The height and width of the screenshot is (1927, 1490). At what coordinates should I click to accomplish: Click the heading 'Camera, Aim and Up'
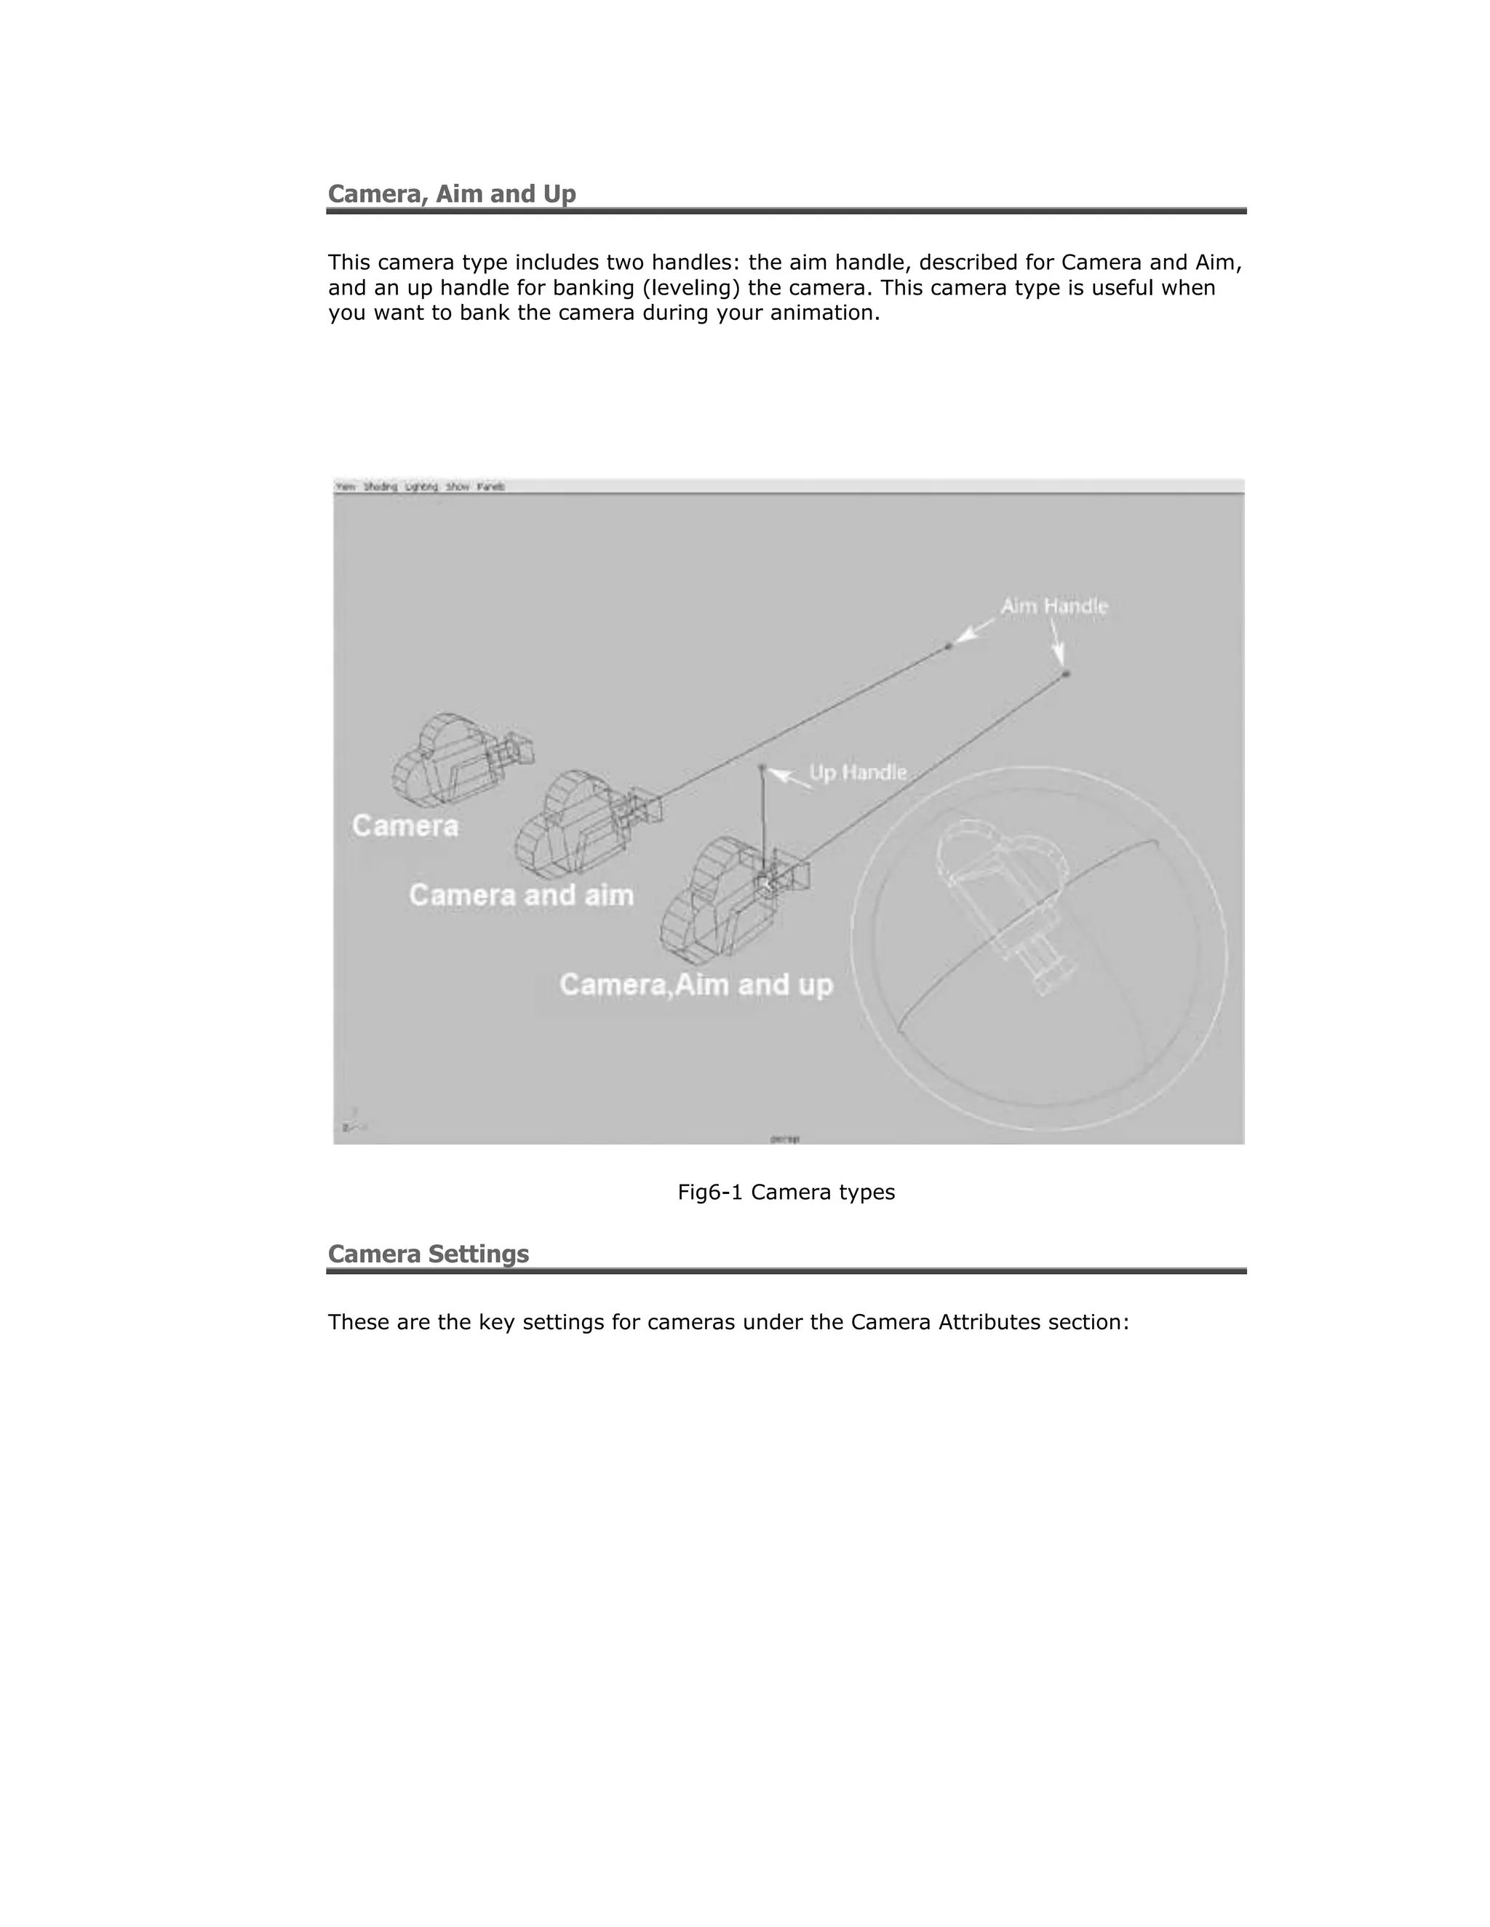point(451,194)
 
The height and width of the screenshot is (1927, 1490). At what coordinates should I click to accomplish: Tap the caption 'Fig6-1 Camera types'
point(786,1192)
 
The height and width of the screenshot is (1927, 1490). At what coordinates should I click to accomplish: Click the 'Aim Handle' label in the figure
point(1054,606)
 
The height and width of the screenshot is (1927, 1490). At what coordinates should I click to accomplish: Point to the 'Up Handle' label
point(858,773)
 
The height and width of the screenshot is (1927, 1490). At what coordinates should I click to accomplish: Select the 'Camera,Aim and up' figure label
point(696,984)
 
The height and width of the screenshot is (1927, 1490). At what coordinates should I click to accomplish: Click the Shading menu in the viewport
point(381,487)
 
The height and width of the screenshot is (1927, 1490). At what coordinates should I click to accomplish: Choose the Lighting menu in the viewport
point(421,487)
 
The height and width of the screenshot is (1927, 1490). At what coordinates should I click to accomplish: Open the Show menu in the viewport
point(457,487)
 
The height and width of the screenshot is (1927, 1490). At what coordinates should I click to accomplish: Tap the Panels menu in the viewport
point(491,487)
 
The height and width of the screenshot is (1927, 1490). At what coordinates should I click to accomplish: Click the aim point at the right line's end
point(1067,674)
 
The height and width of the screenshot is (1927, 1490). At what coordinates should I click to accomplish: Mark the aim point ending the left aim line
point(949,646)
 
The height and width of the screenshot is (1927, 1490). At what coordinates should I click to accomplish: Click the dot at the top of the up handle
point(762,768)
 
